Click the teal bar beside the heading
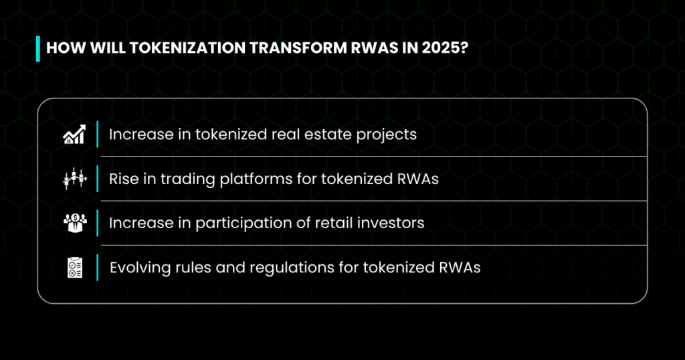coord(38,48)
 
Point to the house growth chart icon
coord(75,134)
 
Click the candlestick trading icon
coord(75,178)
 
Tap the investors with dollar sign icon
coord(75,223)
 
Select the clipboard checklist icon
coord(75,268)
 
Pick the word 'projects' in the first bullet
coord(386,135)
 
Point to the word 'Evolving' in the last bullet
coord(140,268)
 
